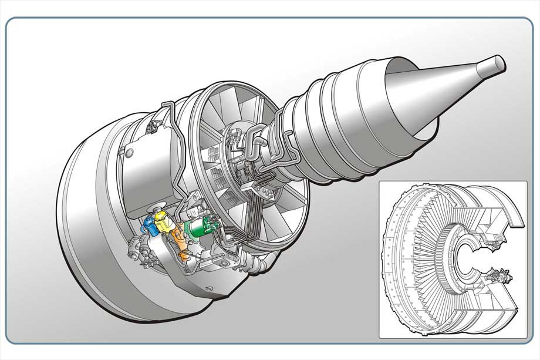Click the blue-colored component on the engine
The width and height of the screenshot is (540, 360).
click(151, 226)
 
